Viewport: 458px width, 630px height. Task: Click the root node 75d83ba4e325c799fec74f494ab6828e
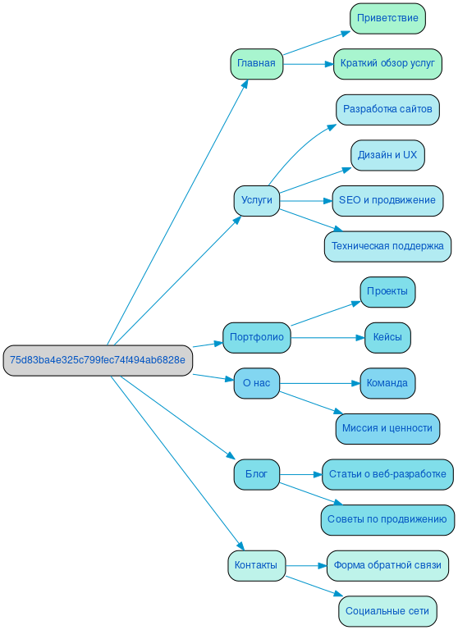click(98, 360)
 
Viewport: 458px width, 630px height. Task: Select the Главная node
click(256, 64)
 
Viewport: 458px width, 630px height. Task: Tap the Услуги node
click(256, 200)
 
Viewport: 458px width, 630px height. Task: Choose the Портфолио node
click(256, 337)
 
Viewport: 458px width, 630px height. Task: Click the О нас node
click(256, 383)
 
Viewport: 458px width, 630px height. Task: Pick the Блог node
click(256, 474)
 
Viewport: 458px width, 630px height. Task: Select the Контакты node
click(256, 565)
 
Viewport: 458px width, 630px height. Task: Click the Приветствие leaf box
click(387, 18)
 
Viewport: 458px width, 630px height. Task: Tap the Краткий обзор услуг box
click(387, 64)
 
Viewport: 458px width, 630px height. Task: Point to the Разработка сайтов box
click(387, 109)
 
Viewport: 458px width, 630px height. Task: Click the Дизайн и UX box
click(387, 155)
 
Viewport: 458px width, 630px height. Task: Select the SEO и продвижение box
click(387, 200)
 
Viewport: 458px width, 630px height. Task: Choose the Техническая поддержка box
click(387, 246)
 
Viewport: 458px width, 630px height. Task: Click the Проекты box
click(387, 291)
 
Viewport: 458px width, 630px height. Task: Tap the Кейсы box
click(387, 337)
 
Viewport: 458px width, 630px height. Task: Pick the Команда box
click(387, 383)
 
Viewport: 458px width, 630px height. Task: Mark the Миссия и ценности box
click(387, 428)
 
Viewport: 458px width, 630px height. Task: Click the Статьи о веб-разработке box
click(387, 474)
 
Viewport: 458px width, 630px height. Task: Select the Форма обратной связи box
click(387, 565)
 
